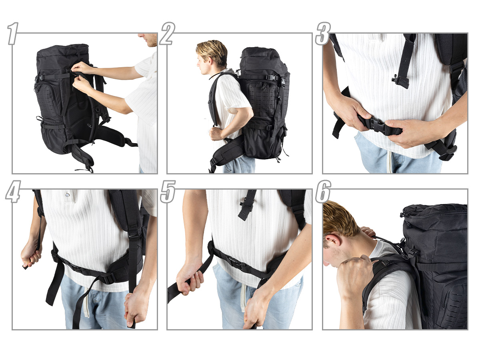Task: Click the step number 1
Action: coord(13,34)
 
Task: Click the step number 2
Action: coord(168,34)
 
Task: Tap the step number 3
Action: coord(323,34)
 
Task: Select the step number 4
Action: coord(13,192)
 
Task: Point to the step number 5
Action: coord(168,192)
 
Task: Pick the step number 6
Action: coord(323,192)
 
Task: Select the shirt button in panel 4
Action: coord(68,194)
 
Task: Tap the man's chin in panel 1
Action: coord(151,45)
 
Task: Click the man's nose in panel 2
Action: coord(198,64)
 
